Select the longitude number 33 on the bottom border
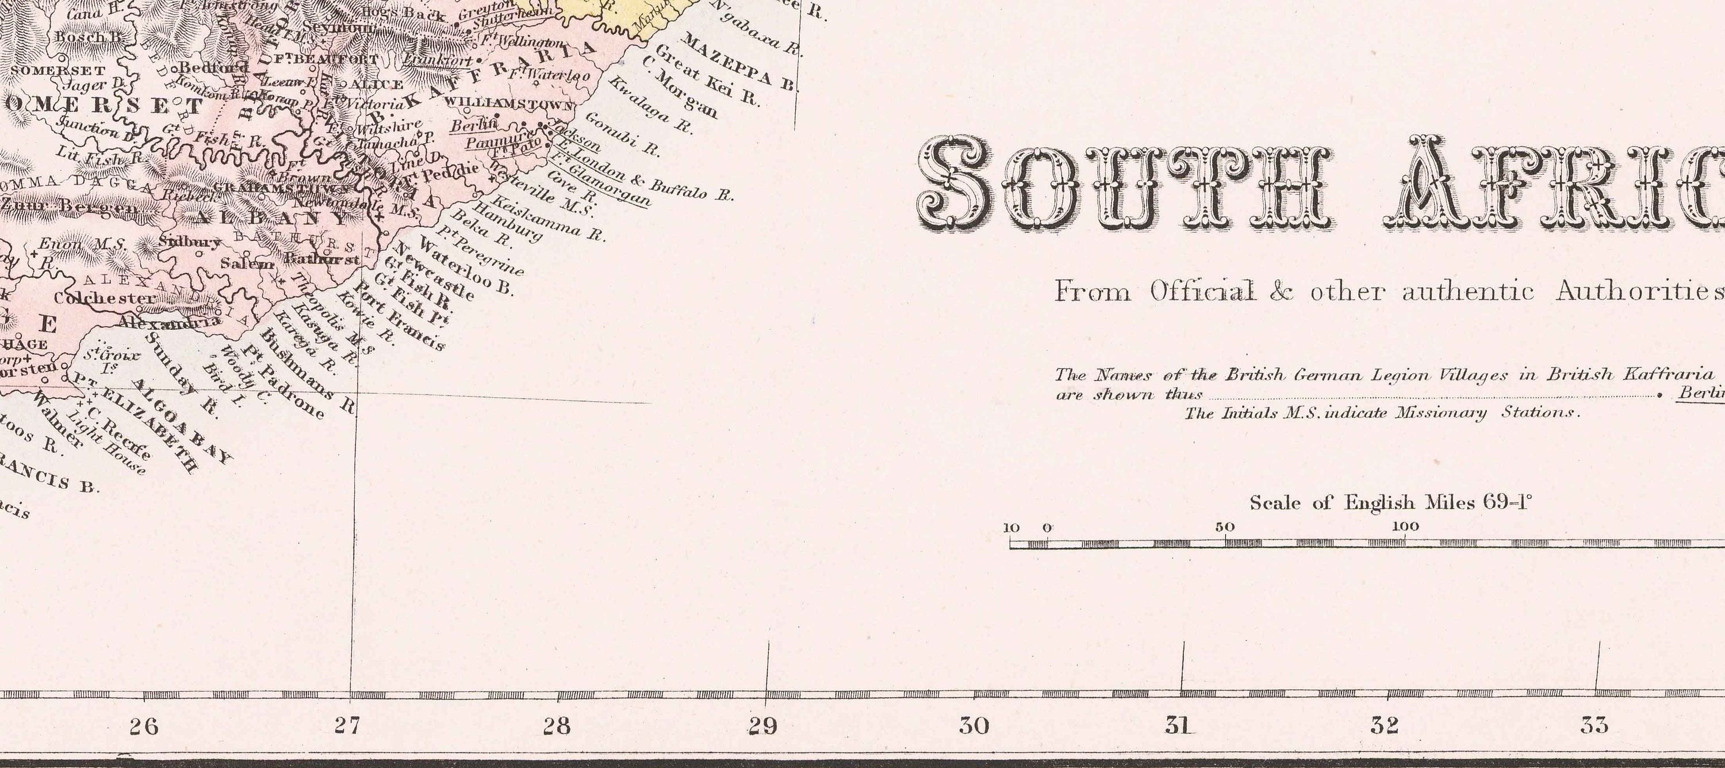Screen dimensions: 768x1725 (1594, 725)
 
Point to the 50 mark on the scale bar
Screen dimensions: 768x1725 (1225, 527)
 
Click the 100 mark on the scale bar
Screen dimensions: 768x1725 (1405, 527)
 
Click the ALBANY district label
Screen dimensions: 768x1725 (272, 218)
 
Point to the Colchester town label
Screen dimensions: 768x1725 (105, 298)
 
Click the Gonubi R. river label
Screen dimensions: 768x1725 (622, 133)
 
